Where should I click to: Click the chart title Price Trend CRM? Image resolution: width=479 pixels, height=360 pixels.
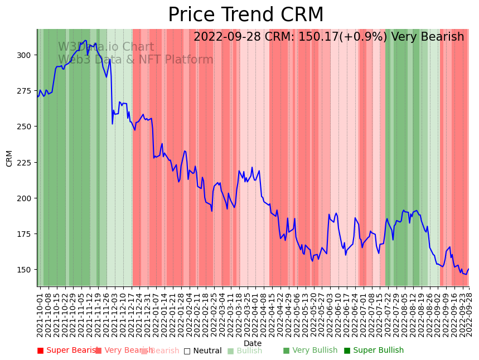pyautogui.click(x=246, y=15)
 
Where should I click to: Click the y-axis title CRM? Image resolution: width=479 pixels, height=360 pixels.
pyautogui.click(x=9, y=158)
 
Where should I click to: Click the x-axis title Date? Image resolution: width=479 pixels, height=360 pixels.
pyautogui.click(x=253, y=344)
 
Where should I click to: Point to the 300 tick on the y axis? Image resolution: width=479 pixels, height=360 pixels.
pyautogui.click(x=24, y=55)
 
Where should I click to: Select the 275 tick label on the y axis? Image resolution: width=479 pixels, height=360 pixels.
pyautogui.click(x=24, y=91)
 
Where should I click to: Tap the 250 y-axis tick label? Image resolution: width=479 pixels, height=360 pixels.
pyautogui.click(x=24, y=127)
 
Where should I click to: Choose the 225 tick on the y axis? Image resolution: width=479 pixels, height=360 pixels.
pyautogui.click(x=24, y=162)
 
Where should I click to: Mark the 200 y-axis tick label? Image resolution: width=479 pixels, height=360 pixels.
pyautogui.click(x=24, y=198)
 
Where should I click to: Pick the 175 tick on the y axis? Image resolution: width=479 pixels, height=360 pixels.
pyautogui.click(x=24, y=234)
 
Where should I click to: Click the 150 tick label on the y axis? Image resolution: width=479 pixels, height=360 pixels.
pyautogui.click(x=24, y=270)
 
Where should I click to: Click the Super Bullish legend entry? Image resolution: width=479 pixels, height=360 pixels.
pyautogui.click(x=374, y=351)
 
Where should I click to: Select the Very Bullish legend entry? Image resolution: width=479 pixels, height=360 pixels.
pyautogui.click(x=310, y=351)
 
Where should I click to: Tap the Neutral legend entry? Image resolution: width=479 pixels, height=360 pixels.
pyautogui.click(x=202, y=351)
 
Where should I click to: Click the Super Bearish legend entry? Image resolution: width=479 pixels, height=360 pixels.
pyautogui.click(x=67, y=351)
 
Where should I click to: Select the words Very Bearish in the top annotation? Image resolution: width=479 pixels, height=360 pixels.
pyautogui.click(x=428, y=37)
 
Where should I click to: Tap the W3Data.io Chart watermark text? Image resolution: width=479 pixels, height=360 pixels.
pyautogui.click(x=106, y=47)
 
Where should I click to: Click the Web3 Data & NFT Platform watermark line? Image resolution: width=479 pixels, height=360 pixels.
pyautogui.click(x=136, y=60)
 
